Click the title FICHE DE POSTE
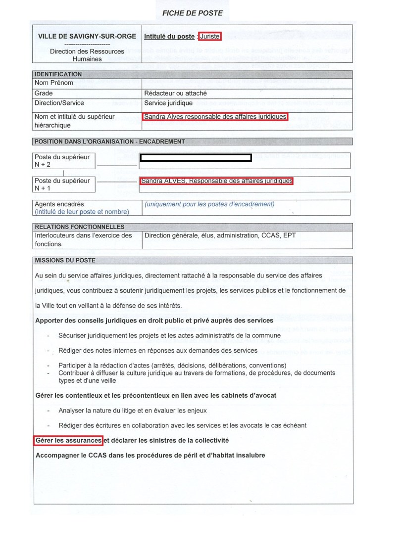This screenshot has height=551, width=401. (193, 13)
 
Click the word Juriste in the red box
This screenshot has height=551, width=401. (209, 36)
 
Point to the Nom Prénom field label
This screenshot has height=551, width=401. (54, 83)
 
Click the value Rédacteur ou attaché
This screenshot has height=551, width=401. (175, 93)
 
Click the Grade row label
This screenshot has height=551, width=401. (44, 93)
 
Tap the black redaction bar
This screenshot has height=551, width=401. (196, 158)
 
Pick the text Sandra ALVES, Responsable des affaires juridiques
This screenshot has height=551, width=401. (216, 181)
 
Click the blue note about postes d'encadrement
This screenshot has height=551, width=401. (209, 204)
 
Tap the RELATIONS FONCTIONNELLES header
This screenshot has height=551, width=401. (73, 227)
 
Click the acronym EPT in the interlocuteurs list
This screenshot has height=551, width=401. (289, 235)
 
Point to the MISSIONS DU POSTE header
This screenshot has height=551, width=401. (65, 260)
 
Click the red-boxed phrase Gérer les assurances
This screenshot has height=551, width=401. (68, 440)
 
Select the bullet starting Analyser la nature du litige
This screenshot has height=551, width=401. (133, 411)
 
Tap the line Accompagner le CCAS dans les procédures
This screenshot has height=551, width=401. (150, 455)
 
